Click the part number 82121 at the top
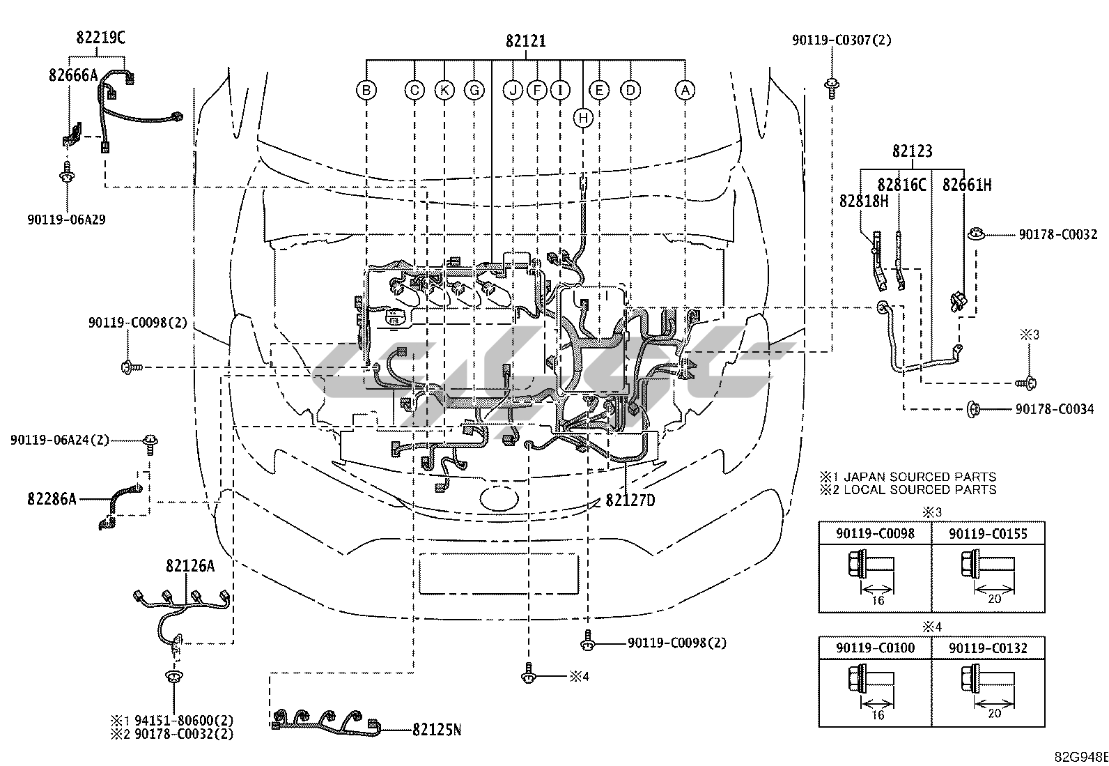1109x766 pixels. coord(525,40)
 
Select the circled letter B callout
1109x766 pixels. coord(366,90)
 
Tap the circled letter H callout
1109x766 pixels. coord(583,118)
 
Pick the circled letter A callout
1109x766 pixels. coord(685,90)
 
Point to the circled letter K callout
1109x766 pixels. coord(444,90)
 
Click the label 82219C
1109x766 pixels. coord(100,38)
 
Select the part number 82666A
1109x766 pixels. coord(73,75)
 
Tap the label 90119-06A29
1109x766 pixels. coord(66,220)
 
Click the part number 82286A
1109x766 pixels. coord(52,499)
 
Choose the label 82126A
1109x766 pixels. coord(190,565)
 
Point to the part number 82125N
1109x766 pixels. coord(437,729)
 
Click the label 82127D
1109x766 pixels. coord(630,500)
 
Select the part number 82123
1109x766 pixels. coord(912,151)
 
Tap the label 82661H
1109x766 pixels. coord(967,185)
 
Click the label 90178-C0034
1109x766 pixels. coord(1055,409)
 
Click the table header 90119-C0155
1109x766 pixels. coord(988,534)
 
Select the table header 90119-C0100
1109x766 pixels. coord(876,648)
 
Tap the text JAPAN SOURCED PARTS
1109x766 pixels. coord(920,477)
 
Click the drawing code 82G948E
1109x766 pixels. coord(1081,758)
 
